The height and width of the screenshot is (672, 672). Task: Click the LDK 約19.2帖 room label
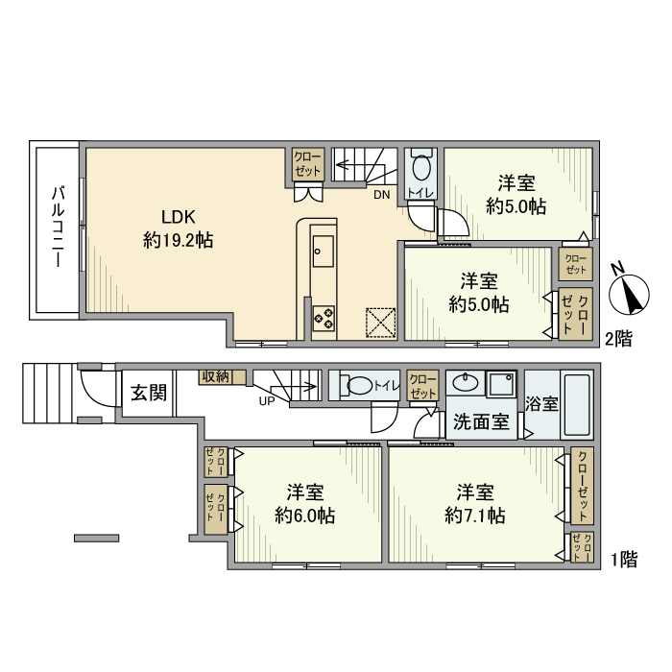179,228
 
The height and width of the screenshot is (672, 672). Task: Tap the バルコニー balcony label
58,227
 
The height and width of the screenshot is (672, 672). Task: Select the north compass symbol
630,293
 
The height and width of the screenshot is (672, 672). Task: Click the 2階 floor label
618,339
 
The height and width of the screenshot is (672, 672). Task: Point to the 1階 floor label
624,560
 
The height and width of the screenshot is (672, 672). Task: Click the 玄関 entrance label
149,392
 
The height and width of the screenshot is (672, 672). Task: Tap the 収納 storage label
216,376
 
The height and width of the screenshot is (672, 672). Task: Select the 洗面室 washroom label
481,422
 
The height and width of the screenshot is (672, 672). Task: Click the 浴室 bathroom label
541,403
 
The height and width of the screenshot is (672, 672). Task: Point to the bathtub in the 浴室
577,405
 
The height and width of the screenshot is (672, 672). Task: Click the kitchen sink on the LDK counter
324,251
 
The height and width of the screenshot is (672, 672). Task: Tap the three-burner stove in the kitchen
324,318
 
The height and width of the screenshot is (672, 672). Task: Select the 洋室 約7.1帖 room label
475,504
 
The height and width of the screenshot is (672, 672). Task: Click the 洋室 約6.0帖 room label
304,504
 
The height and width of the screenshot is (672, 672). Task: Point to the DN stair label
381,195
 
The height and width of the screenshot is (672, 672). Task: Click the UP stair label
267,401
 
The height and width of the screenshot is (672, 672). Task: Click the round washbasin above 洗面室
465,382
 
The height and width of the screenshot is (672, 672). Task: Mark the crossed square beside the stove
380,323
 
